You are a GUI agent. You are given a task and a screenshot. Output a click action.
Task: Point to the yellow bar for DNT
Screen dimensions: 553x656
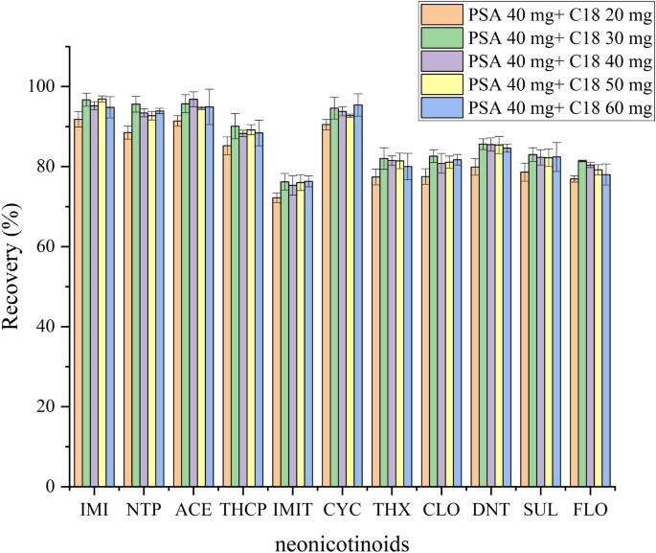click(498, 316)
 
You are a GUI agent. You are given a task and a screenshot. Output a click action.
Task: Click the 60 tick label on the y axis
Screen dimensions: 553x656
click(45, 246)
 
